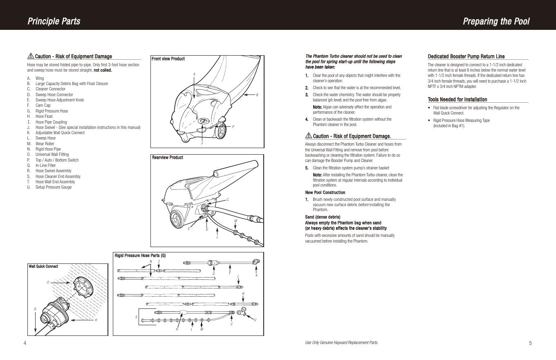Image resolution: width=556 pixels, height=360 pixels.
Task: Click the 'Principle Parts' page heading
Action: pyautogui.click(x=54, y=21)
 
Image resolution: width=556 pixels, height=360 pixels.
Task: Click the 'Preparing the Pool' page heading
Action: pyautogui.click(x=496, y=21)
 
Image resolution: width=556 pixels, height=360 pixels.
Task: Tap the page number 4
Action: pyautogui.click(x=25, y=343)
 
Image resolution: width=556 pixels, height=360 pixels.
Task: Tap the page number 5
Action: pyautogui.click(x=530, y=343)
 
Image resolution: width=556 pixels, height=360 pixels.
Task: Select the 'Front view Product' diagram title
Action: pyautogui.click(x=168, y=59)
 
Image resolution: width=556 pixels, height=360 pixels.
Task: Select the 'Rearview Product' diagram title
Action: pyautogui.click(x=167, y=157)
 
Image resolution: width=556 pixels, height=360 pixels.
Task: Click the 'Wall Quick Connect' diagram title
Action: pyautogui.click(x=43, y=266)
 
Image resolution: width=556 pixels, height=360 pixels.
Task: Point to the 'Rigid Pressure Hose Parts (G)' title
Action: pyautogui.click(x=140, y=256)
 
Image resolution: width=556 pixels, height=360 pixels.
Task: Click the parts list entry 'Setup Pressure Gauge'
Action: pyautogui.click(x=53, y=187)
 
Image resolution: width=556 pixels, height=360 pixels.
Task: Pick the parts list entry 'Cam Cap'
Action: pyautogui.click(x=43, y=106)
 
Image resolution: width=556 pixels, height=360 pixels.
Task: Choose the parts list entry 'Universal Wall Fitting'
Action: pyautogui.click(x=52, y=155)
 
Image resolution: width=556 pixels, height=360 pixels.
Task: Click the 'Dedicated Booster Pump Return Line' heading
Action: pyautogui.click(x=466, y=56)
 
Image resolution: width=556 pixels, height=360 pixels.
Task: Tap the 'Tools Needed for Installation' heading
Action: pyautogui.click(x=457, y=99)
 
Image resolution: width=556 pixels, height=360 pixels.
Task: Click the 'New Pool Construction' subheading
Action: pyautogui.click(x=325, y=192)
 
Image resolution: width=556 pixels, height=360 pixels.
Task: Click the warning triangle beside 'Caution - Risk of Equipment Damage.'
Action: pyautogui.click(x=308, y=136)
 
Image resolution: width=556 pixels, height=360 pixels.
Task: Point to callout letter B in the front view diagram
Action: pyautogui.click(x=257, y=95)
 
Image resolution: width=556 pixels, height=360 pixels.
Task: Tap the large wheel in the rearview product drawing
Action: pyautogui.click(x=178, y=219)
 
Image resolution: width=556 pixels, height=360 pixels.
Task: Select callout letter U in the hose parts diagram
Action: pyautogui.click(x=256, y=320)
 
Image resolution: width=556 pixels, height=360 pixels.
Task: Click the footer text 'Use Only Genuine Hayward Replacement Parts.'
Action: pyautogui.click(x=341, y=343)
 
